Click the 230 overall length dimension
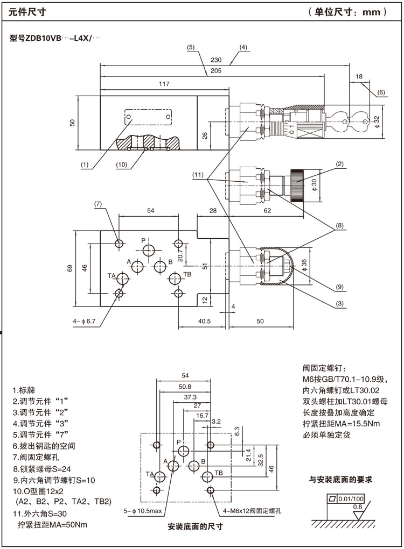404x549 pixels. coord(217,60)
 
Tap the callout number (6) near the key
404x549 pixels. coord(381,92)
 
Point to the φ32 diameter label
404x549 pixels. coord(377,122)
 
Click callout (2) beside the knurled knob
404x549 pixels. coord(340,163)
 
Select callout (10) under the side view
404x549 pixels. coord(121,165)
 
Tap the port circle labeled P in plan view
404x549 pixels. coord(150,249)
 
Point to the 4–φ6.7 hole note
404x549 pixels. coord(84,322)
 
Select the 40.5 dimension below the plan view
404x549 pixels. coord(204,321)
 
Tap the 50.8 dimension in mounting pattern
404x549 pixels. coord(185,387)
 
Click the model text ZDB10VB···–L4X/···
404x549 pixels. coord(55,38)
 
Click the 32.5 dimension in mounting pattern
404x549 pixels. coord(261,461)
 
